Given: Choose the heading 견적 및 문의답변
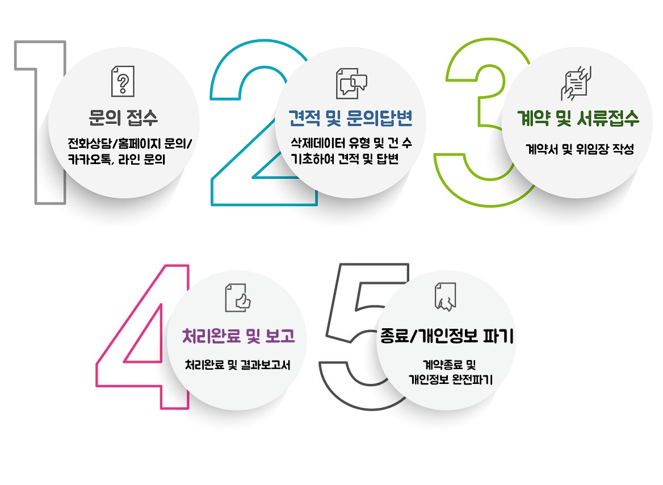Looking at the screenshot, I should click(x=351, y=119).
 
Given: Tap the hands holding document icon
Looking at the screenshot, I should click(x=576, y=82).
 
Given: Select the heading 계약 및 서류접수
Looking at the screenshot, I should click(x=578, y=119).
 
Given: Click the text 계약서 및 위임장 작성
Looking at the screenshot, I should click(x=579, y=150).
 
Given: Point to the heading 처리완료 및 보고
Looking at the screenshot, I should click(x=238, y=336).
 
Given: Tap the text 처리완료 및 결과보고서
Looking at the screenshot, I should click(x=238, y=366).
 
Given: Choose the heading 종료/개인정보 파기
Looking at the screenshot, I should click(x=447, y=337).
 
